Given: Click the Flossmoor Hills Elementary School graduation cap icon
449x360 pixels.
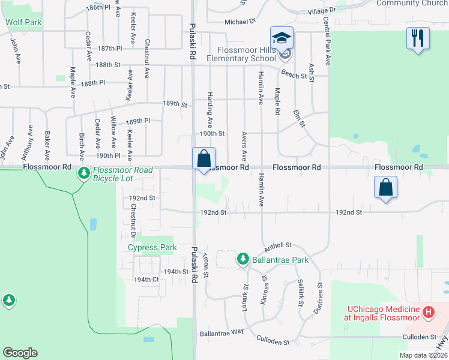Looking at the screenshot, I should (x=282, y=38).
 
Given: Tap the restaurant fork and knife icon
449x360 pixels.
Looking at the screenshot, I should (x=418, y=38).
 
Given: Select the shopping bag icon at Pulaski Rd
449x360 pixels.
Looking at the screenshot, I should (x=204, y=159).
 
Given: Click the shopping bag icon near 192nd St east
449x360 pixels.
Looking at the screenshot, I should (x=385, y=187).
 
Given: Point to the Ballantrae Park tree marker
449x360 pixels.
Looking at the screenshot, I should (x=243, y=259).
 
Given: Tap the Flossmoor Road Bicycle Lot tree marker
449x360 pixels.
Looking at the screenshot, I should (x=83, y=174).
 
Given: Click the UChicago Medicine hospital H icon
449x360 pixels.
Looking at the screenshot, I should (x=428, y=312).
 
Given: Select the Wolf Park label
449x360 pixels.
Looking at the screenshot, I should (x=23, y=22).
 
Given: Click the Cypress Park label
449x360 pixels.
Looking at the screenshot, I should (x=152, y=247).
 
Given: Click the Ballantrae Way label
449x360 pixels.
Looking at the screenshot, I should (x=222, y=332).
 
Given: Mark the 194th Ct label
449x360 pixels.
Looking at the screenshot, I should (x=146, y=280).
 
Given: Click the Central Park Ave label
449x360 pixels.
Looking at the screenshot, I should (x=328, y=41).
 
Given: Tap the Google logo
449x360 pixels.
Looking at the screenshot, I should (x=20, y=353).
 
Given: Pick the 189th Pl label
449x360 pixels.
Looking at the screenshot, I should (x=137, y=121).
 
